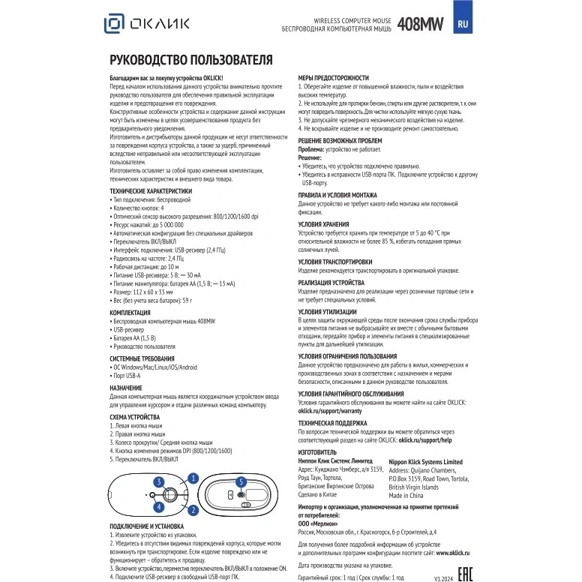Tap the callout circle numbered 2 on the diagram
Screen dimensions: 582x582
coord(193,510)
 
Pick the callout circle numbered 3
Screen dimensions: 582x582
coord(158,481)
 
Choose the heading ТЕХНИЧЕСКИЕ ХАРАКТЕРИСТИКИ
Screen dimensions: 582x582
coord(151,191)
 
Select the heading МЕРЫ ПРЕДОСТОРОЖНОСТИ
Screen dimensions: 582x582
coord(334,78)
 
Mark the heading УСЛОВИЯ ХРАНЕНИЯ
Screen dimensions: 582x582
coord(328,224)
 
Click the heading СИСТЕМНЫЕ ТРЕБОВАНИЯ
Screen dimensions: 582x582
coord(142,359)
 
